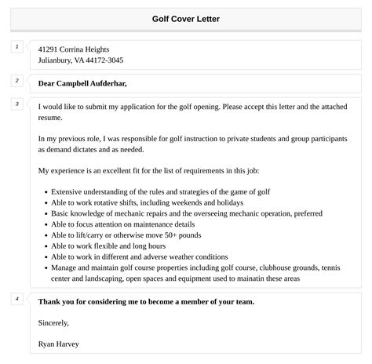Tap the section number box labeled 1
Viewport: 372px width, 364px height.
click(16, 47)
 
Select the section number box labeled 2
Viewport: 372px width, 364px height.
click(16, 80)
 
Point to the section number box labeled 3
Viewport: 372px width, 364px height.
click(16, 104)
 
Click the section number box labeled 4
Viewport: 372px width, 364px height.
click(16, 299)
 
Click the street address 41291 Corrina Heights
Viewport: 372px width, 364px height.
click(74, 49)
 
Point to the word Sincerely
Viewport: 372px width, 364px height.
click(53, 322)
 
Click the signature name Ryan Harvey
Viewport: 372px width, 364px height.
click(57, 344)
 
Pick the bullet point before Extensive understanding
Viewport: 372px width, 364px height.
click(45, 191)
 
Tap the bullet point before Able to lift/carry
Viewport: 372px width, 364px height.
click(45, 235)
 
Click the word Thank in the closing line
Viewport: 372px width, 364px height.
click(51, 301)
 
